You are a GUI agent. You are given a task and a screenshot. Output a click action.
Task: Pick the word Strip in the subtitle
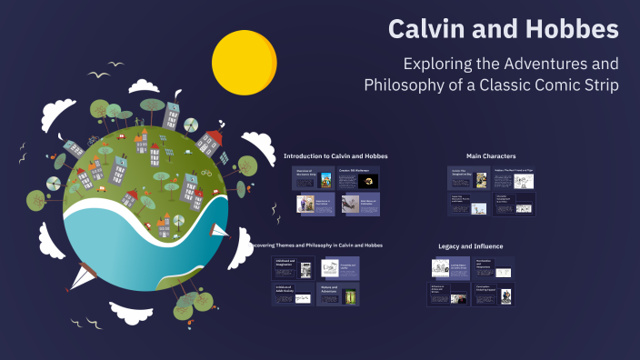(601, 85)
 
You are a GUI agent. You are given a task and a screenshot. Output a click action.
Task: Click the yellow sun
(244, 62)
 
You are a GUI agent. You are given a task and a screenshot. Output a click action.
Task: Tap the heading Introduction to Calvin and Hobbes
(335, 156)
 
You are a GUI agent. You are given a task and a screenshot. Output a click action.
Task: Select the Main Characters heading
(491, 156)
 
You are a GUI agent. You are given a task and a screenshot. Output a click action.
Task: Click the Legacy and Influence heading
(470, 246)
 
